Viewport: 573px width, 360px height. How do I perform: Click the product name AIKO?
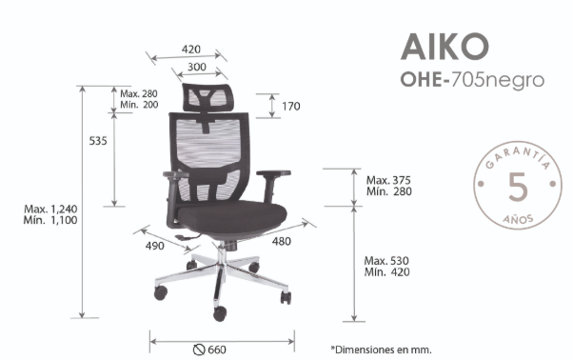445,47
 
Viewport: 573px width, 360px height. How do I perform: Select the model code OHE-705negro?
472,79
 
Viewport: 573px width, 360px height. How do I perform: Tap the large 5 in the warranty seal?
518,187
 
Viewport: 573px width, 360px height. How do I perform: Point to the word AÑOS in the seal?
518,219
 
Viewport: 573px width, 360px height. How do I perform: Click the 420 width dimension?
191,49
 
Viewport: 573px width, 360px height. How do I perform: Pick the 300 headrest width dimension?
197,67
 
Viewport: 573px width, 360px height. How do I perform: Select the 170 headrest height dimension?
291,107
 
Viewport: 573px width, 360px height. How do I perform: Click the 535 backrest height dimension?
98,141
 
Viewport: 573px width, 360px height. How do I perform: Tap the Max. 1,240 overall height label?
50,210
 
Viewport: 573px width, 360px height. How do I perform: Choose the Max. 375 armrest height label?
388,180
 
